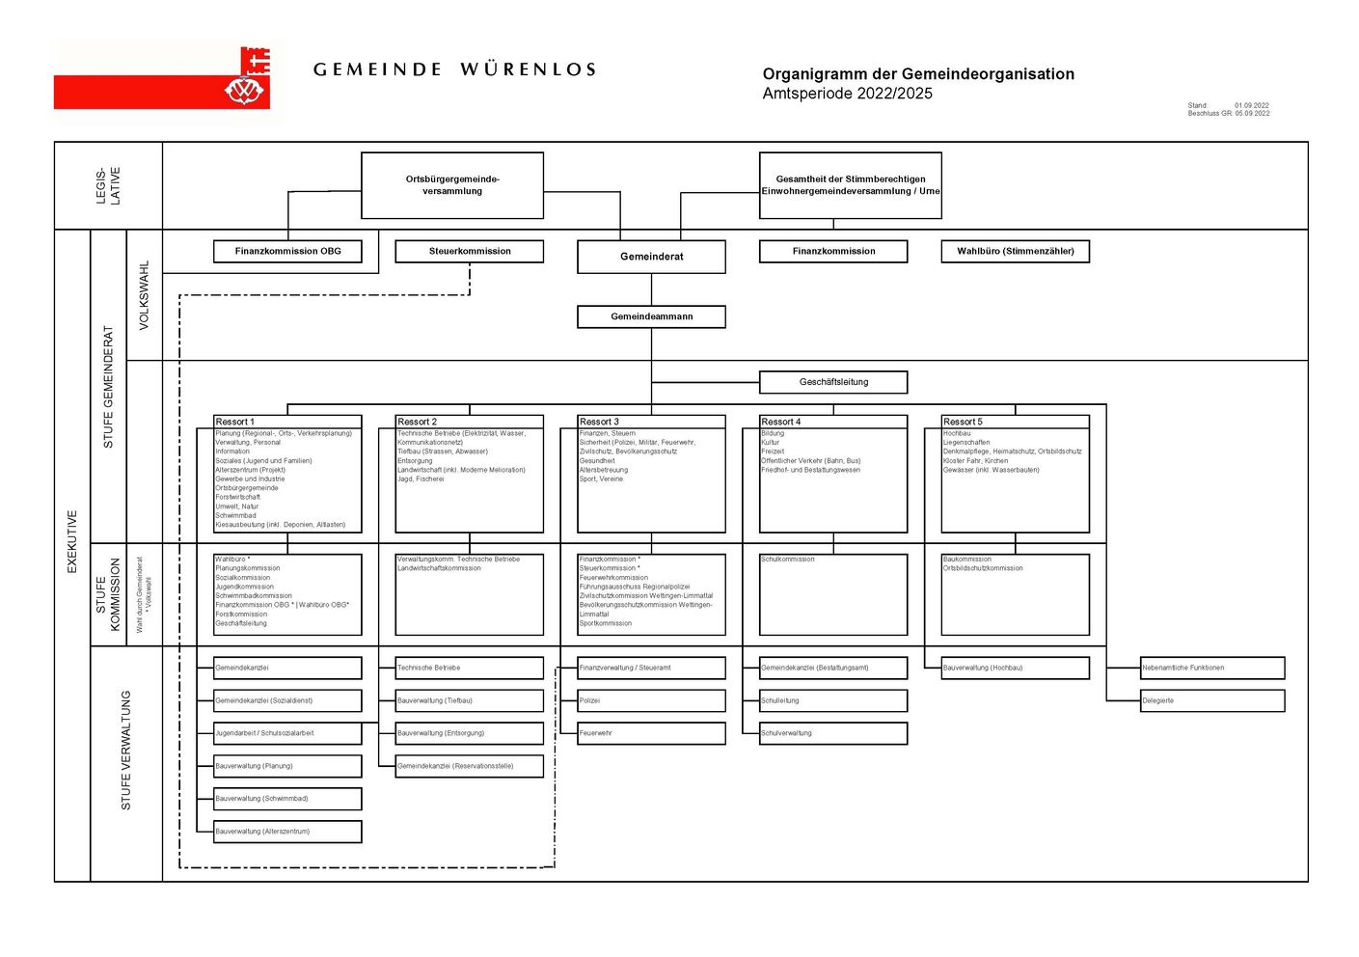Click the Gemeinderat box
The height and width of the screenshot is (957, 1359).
pos(651,257)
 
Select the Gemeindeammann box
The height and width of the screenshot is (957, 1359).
pos(651,316)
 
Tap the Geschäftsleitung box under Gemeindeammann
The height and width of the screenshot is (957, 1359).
pos(833,382)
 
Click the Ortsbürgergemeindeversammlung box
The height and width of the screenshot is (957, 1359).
pos(452,185)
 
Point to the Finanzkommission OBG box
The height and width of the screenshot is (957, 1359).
pos(287,251)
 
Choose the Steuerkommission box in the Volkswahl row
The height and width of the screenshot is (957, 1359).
pos(470,251)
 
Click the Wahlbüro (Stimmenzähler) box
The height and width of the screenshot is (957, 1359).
pos(1015,251)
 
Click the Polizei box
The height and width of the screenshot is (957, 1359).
pos(651,700)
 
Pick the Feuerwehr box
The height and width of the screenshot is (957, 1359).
pos(651,733)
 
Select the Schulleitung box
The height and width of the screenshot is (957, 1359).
pos(833,700)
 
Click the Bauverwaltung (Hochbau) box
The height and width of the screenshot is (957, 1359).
pos(1015,668)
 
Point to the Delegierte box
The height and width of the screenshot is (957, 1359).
pos(1212,700)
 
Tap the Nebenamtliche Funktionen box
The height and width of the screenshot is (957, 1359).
pos(1212,668)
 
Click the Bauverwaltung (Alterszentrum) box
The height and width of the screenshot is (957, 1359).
pos(287,832)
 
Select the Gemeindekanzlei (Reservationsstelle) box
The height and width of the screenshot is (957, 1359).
pos(470,766)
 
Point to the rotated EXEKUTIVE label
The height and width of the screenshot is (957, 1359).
pos(72,541)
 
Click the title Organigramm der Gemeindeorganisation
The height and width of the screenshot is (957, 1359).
pos(917,74)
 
